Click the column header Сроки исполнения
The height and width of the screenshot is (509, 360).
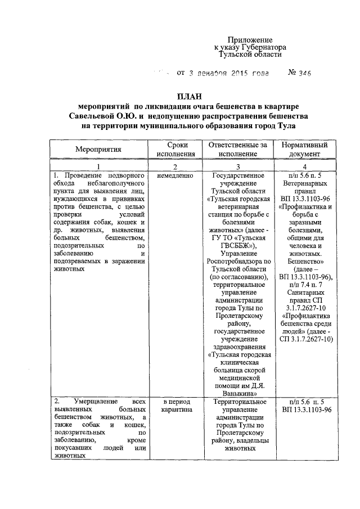coord(175,149)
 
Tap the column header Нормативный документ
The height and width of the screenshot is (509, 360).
coord(305,149)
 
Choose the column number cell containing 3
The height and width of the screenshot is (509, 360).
coord(238,166)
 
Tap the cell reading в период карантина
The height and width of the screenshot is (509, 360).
coord(175,406)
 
